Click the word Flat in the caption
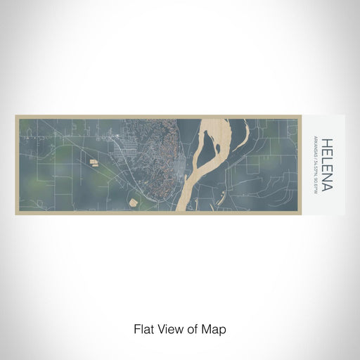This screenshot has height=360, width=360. click(143, 328)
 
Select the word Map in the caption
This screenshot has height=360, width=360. click(216, 328)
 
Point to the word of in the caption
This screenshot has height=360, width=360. click(193, 328)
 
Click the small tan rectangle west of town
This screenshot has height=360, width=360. click(94, 163)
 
